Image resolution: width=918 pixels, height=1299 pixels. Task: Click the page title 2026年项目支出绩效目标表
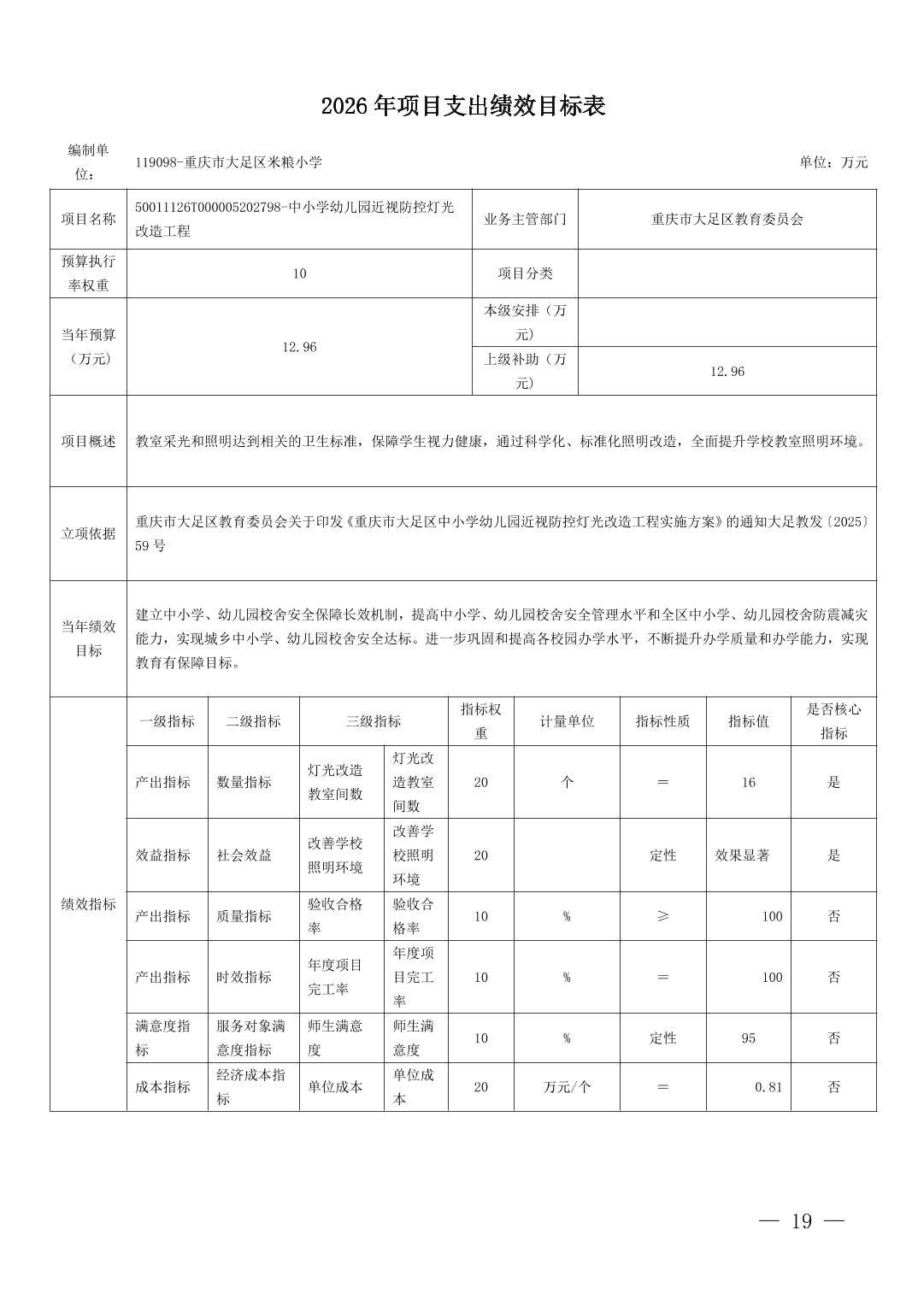click(x=463, y=106)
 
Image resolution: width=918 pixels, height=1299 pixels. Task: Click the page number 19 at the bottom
click(x=802, y=1221)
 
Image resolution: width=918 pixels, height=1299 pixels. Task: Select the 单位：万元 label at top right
click(x=833, y=162)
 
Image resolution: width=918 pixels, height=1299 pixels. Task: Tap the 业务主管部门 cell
click(x=525, y=219)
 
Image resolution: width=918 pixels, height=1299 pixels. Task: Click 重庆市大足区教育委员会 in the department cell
click(x=727, y=219)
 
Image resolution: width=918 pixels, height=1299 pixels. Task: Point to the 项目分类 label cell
click(x=525, y=273)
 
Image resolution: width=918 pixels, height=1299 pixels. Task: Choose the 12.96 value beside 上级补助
click(x=727, y=371)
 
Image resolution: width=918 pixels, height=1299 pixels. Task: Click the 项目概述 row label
click(x=88, y=441)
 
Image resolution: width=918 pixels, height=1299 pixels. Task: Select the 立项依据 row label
click(x=88, y=533)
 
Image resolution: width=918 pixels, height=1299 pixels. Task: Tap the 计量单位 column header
click(x=566, y=721)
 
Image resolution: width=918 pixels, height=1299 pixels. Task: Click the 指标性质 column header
click(x=662, y=721)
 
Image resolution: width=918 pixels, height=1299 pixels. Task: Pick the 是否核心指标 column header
click(x=833, y=721)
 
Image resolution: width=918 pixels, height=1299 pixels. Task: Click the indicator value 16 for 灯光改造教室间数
click(x=748, y=782)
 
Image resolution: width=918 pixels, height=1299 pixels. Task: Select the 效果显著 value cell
click(x=742, y=855)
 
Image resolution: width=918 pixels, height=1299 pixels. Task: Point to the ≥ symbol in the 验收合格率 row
click(x=662, y=916)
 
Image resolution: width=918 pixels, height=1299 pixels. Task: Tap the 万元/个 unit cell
click(x=566, y=1087)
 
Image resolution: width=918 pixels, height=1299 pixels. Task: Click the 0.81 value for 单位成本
click(x=768, y=1087)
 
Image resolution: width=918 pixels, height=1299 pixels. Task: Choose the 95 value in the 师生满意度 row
click(x=748, y=1038)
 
